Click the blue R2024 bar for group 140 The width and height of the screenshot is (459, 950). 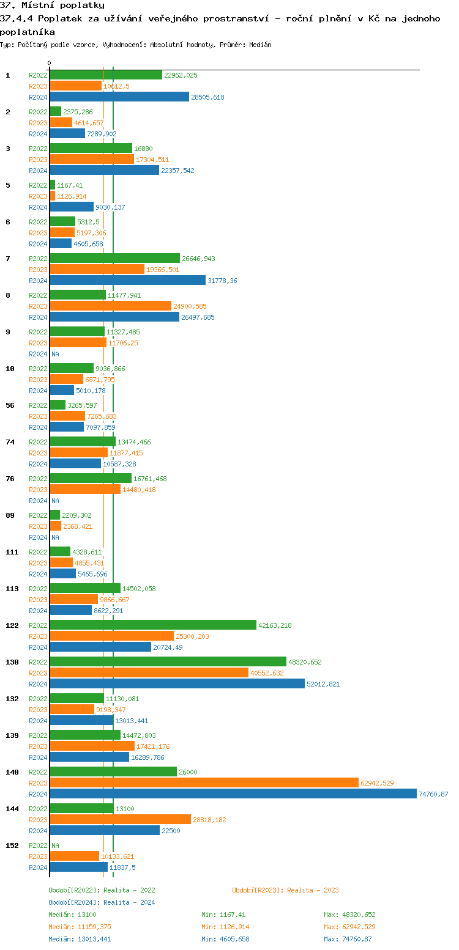pos(233,794)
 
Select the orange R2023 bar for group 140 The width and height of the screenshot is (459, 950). pos(204,782)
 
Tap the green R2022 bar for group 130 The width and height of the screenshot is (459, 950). pos(168,661)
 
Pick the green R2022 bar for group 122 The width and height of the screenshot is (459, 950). pos(153,625)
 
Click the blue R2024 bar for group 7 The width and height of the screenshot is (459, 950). pos(127,280)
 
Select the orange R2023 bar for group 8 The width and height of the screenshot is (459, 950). pos(110,306)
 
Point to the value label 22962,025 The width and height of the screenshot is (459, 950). pos(181,75)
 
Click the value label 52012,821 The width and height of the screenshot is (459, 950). pos(323,684)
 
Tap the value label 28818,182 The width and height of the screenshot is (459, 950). pos(209,820)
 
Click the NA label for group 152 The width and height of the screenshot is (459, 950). pos(55,845)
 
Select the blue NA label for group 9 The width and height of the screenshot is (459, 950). pos(55,354)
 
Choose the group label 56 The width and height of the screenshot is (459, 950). pos(10,405)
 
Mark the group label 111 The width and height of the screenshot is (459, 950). pos(12,552)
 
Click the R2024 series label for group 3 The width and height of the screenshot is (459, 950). pos(38,171)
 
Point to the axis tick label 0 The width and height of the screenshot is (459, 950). pos(50,63)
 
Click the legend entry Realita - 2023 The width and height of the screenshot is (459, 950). pos(285,890)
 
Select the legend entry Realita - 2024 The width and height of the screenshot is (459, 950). pos(102,902)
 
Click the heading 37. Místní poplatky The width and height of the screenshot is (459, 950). pos(52,6)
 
